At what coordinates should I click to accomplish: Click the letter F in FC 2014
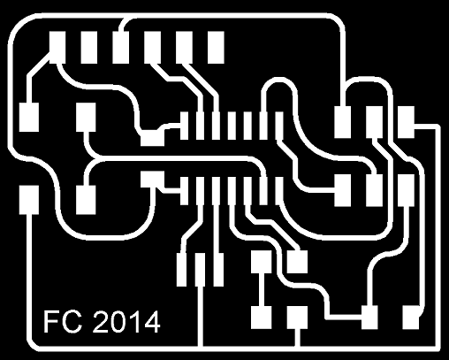pyautogui.click(x=49, y=321)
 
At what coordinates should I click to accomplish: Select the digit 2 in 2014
pyautogui.click(x=100, y=321)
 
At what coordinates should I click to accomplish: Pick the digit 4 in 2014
pyautogui.click(x=152, y=321)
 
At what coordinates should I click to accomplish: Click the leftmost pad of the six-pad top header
pyautogui.click(x=57, y=48)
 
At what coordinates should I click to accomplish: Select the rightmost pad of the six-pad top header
pyautogui.click(x=216, y=48)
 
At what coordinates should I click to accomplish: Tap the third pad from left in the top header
pyautogui.click(x=120, y=48)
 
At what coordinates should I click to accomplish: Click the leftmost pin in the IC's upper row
pyautogui.click(x=185, y=126)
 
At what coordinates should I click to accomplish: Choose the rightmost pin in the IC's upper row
pyautogui.click(x=279, y=126)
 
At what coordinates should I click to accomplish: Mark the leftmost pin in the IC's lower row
pyautogui.click(x=185, y=191)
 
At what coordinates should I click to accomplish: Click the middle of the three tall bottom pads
pyautogui.click(x=201, y=270)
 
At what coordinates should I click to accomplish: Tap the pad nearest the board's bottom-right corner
pyautogui.click(x=411, y=318)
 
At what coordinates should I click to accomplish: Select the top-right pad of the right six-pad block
pyautogui.click(x=406, y=122)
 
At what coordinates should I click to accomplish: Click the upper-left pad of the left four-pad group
pyautogui.click(x=29, y=118)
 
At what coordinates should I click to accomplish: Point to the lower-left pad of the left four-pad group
pyautogui.click(x=29, y=200)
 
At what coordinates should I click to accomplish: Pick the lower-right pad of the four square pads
pyautogui.click(x=297, y=318)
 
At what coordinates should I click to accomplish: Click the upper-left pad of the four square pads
pyautogui.click(x=262, y=262)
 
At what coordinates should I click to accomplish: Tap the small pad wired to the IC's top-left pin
pyautogui.click(x=152, y=138)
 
